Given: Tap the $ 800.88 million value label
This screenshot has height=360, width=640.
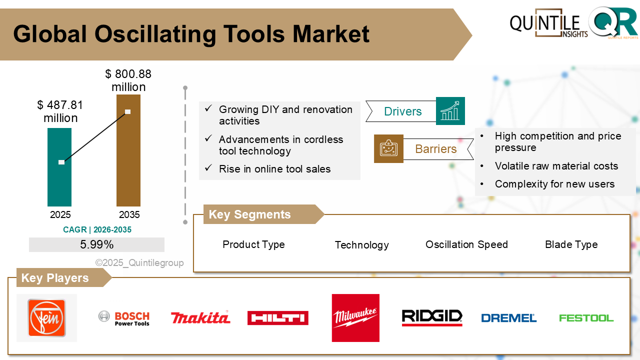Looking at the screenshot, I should point(128,80).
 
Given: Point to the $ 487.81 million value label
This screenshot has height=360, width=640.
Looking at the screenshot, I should point(60,111).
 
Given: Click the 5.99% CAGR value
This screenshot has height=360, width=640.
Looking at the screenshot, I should point(96,244).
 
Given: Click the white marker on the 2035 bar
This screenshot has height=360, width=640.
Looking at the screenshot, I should point(128,111).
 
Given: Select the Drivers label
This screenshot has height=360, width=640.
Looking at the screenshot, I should point(402,111).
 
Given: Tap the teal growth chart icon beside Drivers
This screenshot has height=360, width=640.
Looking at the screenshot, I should point(450,111).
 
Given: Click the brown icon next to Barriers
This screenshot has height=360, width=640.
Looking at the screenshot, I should point(388,148).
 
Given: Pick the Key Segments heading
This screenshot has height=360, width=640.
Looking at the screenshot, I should point(249,214).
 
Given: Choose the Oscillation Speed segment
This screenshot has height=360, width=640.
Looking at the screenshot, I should point(466,244).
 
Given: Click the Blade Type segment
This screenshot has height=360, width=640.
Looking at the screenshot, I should point(571,244).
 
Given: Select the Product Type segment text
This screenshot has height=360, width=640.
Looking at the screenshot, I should point(253,244).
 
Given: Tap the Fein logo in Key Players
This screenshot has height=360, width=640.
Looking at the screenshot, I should point(46,318).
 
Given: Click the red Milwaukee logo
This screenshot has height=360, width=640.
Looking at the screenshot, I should point(355,318).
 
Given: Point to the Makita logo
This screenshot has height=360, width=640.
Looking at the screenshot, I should point(200,317).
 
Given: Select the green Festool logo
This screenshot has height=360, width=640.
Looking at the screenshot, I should point(586,318).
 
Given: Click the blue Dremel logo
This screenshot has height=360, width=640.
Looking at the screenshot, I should point(508,318).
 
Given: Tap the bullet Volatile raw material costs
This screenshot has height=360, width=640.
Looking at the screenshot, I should point(556,166).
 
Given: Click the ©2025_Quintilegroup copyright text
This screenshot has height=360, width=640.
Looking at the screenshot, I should point(139,263).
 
